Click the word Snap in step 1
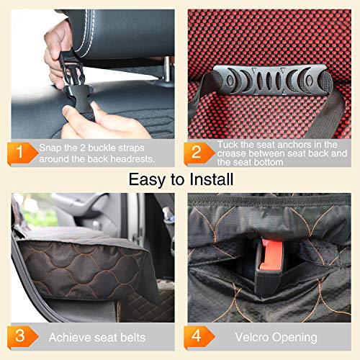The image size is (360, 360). point(50,148)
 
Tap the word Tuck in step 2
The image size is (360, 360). point(228,143)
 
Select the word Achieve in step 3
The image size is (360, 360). point(69,337)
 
